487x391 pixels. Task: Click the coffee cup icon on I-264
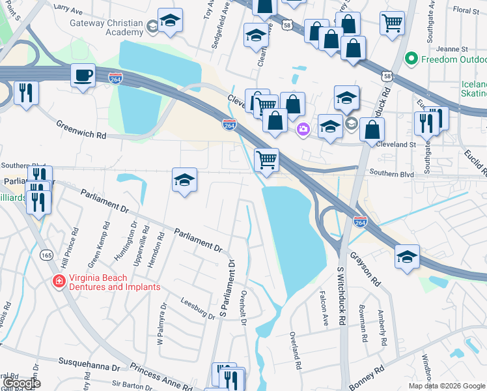click(83, 75)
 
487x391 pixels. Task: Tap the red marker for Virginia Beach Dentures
click(59, 282)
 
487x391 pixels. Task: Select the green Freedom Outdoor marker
click(411, 59)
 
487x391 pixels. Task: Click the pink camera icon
click(303, 130)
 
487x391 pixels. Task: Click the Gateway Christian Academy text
click(106, 27)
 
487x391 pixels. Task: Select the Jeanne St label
click(455, 49)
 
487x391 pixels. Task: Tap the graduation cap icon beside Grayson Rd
click(407, 257)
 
